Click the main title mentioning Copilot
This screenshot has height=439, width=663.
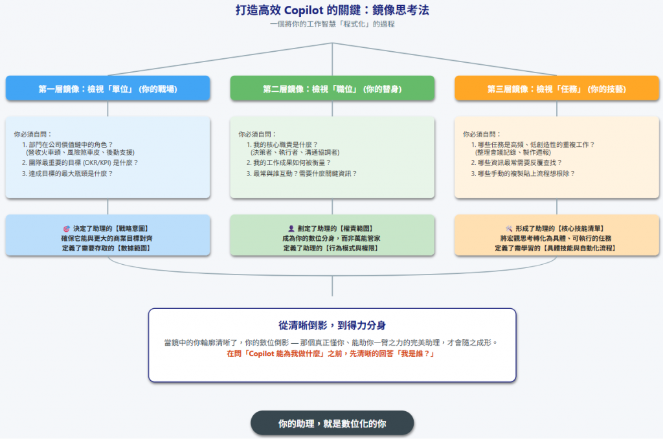[332, 10]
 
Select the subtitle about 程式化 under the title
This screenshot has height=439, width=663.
[332, 25]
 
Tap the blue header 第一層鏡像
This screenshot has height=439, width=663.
[107, 89]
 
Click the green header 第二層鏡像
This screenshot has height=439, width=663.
[332, 89]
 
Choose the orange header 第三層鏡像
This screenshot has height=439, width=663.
[557, 89]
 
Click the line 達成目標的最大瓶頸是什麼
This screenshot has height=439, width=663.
[71, 174]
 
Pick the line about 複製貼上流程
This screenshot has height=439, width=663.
[526, 174]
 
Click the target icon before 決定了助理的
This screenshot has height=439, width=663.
[66, 229]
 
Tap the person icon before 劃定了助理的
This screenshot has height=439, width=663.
[291, 229]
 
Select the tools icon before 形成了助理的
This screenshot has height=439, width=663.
[508, 229]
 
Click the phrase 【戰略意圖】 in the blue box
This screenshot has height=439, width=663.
[132, 229]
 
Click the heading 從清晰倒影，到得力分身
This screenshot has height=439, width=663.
[332, 325]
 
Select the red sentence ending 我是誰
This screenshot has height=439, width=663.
[332, 354]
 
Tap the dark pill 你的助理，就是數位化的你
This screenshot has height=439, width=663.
[332, 424]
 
